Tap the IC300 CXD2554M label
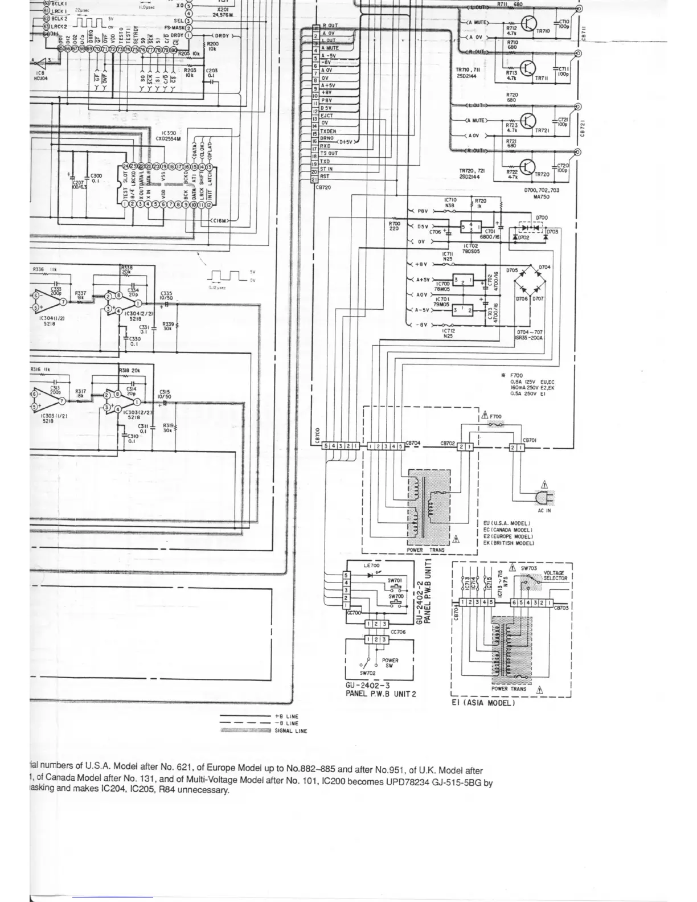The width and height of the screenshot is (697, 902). coord(168,136)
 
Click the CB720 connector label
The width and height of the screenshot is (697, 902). coord(323,187)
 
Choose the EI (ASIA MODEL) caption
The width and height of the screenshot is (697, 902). coord(483,703)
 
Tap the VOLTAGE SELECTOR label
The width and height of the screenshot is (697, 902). coord(555,576)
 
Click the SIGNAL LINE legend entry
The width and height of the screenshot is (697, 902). coord(290,731)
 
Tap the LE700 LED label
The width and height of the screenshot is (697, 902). coord(371,565)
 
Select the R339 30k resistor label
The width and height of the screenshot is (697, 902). coord(168,326)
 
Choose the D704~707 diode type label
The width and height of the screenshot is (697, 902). coord(530,335)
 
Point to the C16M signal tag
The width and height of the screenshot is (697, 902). coord(220,220)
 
